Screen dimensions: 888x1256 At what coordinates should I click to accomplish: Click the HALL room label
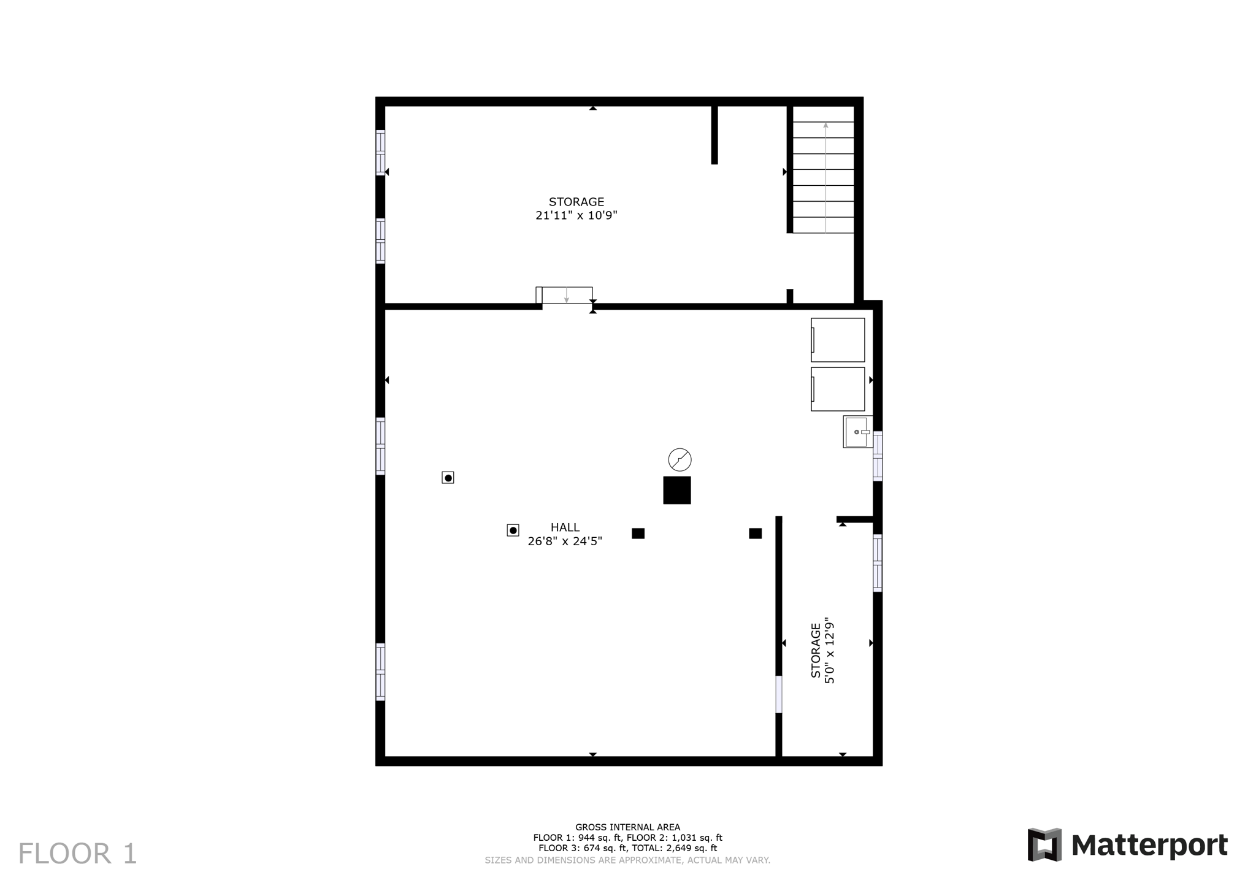tap(565, 527)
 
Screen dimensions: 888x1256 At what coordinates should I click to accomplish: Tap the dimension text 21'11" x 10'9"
tap(576, 215)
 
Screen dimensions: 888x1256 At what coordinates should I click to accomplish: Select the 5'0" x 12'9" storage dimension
tap(830, 650)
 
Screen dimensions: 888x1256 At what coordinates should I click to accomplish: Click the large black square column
tap(676, 490)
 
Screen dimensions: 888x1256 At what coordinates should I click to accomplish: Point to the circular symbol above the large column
tap(680, 459)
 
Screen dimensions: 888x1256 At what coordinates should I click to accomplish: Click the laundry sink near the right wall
tap(857, 432)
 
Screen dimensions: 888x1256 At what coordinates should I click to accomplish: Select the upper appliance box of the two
tap(838, 340)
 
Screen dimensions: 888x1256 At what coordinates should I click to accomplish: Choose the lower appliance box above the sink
tap(838, 389)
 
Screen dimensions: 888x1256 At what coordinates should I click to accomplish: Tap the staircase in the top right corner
tap(823, 177)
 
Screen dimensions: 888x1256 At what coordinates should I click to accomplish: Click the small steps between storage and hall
tap(566, 295)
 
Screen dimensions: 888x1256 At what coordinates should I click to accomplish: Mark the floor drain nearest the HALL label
tap(513, 530)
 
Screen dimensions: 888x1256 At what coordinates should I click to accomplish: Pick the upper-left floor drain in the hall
tap(448, 478)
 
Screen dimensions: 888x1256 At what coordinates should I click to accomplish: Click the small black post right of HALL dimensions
tap(638, 534)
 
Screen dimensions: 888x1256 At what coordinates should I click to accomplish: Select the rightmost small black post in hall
tap(755, 534)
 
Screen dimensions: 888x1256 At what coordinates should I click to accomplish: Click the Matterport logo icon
tap(1044, 844)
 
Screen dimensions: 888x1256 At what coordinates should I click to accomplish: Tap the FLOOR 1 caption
tap(77, 854)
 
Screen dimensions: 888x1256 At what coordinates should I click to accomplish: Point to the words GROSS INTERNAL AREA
tap(627, 827)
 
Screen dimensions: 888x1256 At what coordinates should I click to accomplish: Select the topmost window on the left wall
tap(380, 153)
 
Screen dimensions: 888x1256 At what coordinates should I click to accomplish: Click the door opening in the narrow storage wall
tap(779, 694)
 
